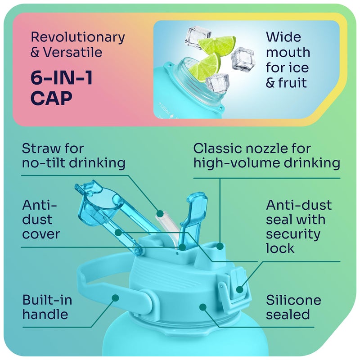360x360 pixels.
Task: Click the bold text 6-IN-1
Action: [x=62, y=78]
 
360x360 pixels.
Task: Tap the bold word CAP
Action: [x=51, y=98]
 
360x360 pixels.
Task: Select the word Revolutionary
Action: [x=78, y=38]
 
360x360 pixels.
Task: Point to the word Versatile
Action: [x=73, y=52]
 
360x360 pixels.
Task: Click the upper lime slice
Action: [x=217, y=44]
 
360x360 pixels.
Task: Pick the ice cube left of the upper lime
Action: [x=198, y=37]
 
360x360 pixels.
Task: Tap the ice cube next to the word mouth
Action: [x=243, y=58]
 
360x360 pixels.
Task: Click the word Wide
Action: [x=283, y=37]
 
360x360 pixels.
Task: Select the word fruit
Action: [x=292, y=83]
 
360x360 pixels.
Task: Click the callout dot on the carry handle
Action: [x=115, y=298]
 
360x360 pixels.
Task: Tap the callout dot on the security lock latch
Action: [x=239, y=289]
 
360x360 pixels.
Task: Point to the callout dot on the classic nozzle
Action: [x=220, y=246]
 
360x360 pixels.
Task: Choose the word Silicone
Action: [x=293, y=300]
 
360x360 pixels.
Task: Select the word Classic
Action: [x=218, y=148]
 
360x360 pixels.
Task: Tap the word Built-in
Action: [x=47, y=300]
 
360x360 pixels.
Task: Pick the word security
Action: [x=293, y=234]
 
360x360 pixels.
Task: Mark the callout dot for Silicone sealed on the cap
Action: [x=203, y=307]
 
